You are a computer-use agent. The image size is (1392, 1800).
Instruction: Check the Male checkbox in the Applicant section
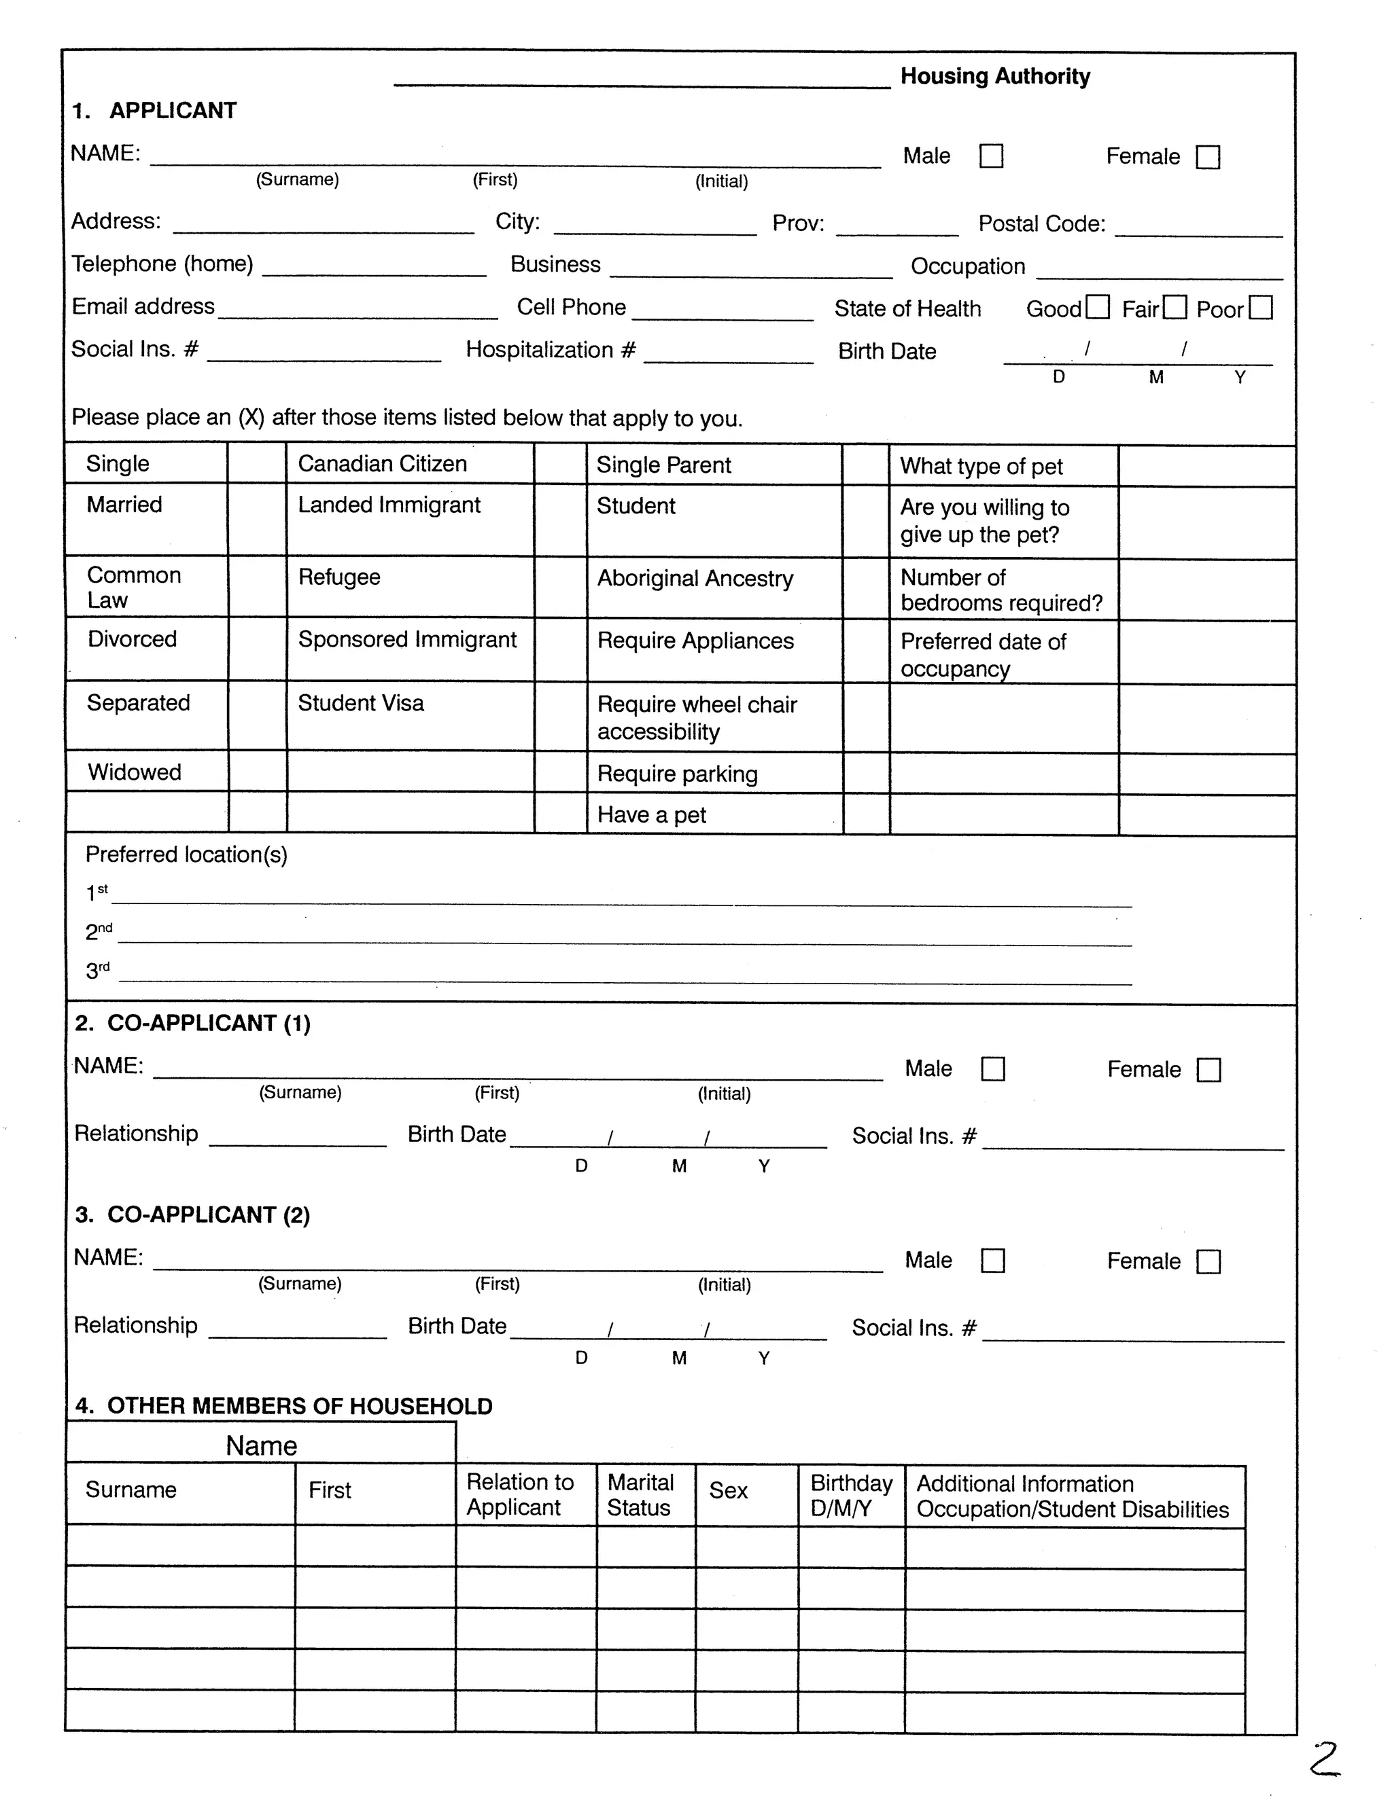click(x=990, y=156)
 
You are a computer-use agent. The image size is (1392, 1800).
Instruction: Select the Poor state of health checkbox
click(x=1260, y=308)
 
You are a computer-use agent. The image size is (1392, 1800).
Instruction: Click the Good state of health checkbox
click(x=1098, y=308)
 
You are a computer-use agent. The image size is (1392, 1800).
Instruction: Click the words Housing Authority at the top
click(x=994, y=77)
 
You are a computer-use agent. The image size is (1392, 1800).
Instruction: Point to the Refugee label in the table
click(x=339, y=577)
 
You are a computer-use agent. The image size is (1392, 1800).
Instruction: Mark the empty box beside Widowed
click(x=258, y=772)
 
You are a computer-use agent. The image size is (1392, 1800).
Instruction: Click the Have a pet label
click(x=651, y=814)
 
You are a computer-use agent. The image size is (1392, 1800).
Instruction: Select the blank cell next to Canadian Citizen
click(x=560, y=464)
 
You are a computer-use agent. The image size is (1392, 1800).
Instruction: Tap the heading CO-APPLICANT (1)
click(x=193, y=1024)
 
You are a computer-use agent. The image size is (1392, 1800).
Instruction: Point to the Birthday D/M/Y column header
click(x=850, y=1495)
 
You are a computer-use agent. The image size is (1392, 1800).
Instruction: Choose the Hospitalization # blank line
click(x=727, y=356)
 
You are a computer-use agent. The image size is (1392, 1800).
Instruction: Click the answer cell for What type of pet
click(x=1206, y=467)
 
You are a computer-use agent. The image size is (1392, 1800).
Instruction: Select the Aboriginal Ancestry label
click(x=695, y=579)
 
